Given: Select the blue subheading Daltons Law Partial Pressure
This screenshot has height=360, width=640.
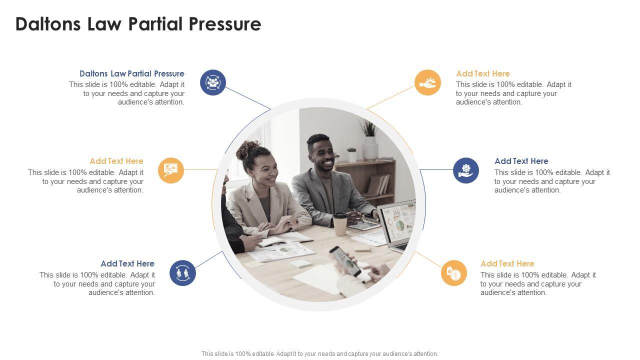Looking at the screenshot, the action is click(x=131, y=73).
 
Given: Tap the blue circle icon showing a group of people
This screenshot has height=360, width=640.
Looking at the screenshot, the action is click(x=213, y=82).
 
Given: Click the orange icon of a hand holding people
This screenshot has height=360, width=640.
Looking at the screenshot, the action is click(x=427, y=82).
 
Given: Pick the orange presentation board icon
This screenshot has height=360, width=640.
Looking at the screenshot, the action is click(x=171, y=170).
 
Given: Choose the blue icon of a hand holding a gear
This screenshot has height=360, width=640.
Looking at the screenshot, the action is click(x=466, y=170).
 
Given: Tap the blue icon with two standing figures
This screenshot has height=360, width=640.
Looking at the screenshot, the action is click(x=182, y=273).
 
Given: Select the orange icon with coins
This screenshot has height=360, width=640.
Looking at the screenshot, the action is click(x=453, y=273).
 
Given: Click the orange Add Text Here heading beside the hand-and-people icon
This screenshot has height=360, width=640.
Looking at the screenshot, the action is click(x=483, y=73).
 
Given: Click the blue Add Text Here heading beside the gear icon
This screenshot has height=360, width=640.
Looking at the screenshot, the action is click(x=521, y=161).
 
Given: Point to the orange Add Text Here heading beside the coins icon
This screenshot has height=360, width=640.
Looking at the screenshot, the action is click(x=507, y=263).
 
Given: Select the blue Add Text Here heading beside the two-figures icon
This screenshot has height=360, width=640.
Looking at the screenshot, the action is click(x=127, y=263).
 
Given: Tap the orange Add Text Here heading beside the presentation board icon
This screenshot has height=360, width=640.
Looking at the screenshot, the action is click(x=116, y=161).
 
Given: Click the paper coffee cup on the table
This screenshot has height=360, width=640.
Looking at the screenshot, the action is click(x=340, y=224).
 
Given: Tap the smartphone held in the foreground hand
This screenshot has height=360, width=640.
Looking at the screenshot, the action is click(x=345, y=261).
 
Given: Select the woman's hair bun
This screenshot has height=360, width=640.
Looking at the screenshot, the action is click(x=246, y=149).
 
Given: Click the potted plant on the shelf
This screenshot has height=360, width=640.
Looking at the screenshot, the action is click(x=370, y=140).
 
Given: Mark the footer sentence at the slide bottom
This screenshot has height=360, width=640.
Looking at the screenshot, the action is click(x=319, y=353).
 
